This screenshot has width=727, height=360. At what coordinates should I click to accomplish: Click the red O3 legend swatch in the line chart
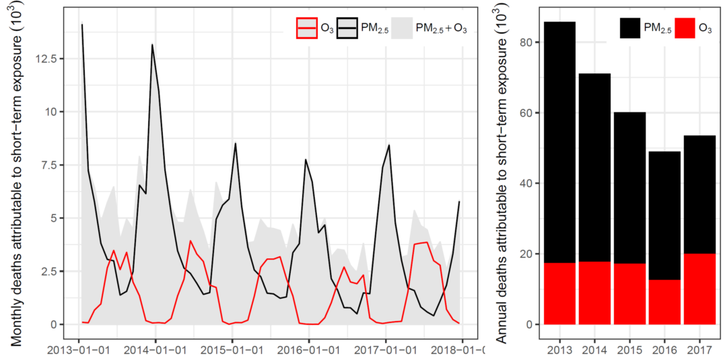tap(306, 28)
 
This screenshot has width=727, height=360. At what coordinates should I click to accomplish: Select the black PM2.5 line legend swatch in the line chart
tap(348, 28)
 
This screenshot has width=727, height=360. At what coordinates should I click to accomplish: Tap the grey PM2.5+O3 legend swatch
tap(401, 28)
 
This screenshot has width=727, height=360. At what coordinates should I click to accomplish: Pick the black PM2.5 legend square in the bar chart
tap(630, 28)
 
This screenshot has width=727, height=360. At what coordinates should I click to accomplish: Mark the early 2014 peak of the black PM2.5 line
tap(152, 44)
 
